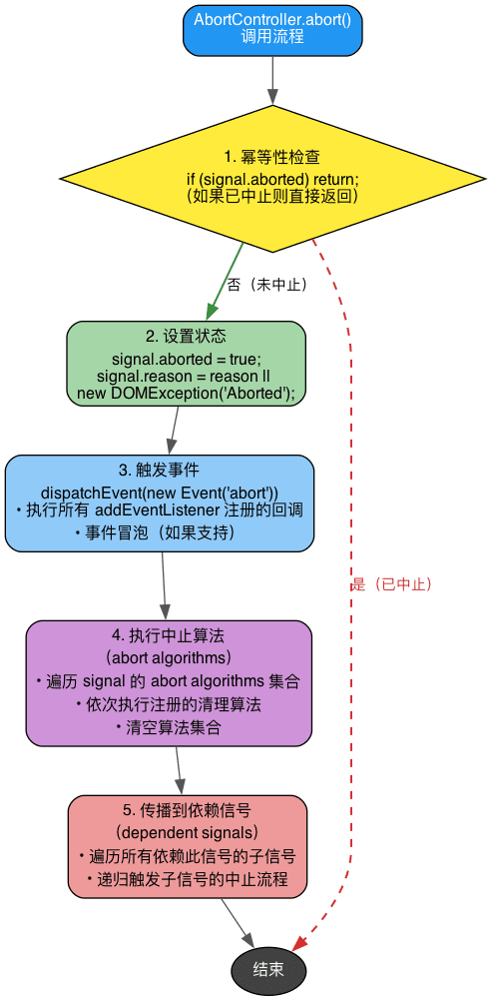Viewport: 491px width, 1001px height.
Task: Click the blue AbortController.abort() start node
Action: (272, 29)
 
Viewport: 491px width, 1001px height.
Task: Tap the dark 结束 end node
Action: (268, 969)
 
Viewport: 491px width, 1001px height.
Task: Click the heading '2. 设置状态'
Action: (186, 336)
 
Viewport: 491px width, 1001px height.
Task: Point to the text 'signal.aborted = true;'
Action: (186, 359)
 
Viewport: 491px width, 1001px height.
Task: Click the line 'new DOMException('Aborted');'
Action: (186, 393)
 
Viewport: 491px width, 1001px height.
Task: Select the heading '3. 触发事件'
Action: (160, 470)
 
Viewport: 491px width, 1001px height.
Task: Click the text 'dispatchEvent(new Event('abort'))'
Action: (160, 492)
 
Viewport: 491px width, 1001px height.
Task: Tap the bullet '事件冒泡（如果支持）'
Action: (160, 532)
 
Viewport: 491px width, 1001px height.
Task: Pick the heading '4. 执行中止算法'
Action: (169, 635)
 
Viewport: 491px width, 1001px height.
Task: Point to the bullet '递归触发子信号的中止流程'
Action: (187, 879)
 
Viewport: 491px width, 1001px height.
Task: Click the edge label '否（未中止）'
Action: (266, 284)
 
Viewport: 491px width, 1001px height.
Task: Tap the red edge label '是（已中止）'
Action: (392, 584)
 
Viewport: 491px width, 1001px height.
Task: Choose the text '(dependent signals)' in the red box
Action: (187, 832)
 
